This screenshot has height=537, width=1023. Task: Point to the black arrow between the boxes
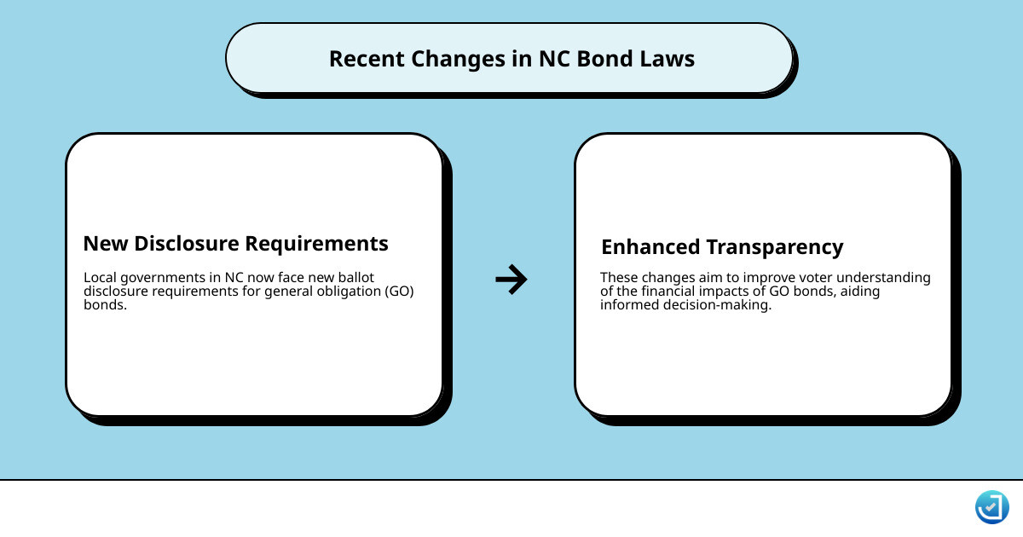[511, 279]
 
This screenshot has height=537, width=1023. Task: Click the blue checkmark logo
[991, 507]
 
